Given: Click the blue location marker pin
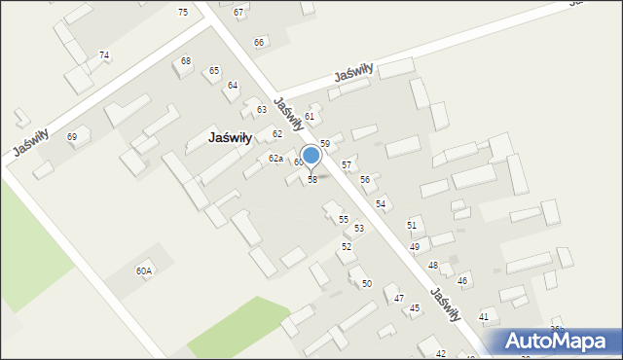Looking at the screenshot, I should tap(311, 156).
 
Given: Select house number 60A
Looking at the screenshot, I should tap(144, 271).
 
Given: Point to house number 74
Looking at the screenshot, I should tap(104, 55).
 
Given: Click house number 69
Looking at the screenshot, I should tap(72, 137).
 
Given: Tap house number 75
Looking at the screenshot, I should tap(183, 12).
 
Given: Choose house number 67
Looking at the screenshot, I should tap(238, 12).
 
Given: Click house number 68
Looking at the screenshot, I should tap(186, 61).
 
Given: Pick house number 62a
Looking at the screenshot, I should tap(275, 159).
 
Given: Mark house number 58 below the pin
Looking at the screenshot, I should tap(312, 180).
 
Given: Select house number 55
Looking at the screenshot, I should tap(344, 220).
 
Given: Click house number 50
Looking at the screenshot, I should tap(367, 283).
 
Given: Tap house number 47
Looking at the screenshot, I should tap(399, 298).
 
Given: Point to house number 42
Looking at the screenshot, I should tap(441, 353).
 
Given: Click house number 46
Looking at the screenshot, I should tap(463, 281).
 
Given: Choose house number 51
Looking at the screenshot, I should tap(413, 225).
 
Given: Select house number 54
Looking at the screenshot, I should tap(382, 203).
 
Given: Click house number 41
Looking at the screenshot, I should tap(484, 317).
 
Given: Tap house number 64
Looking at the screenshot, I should tap(233, 86).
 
